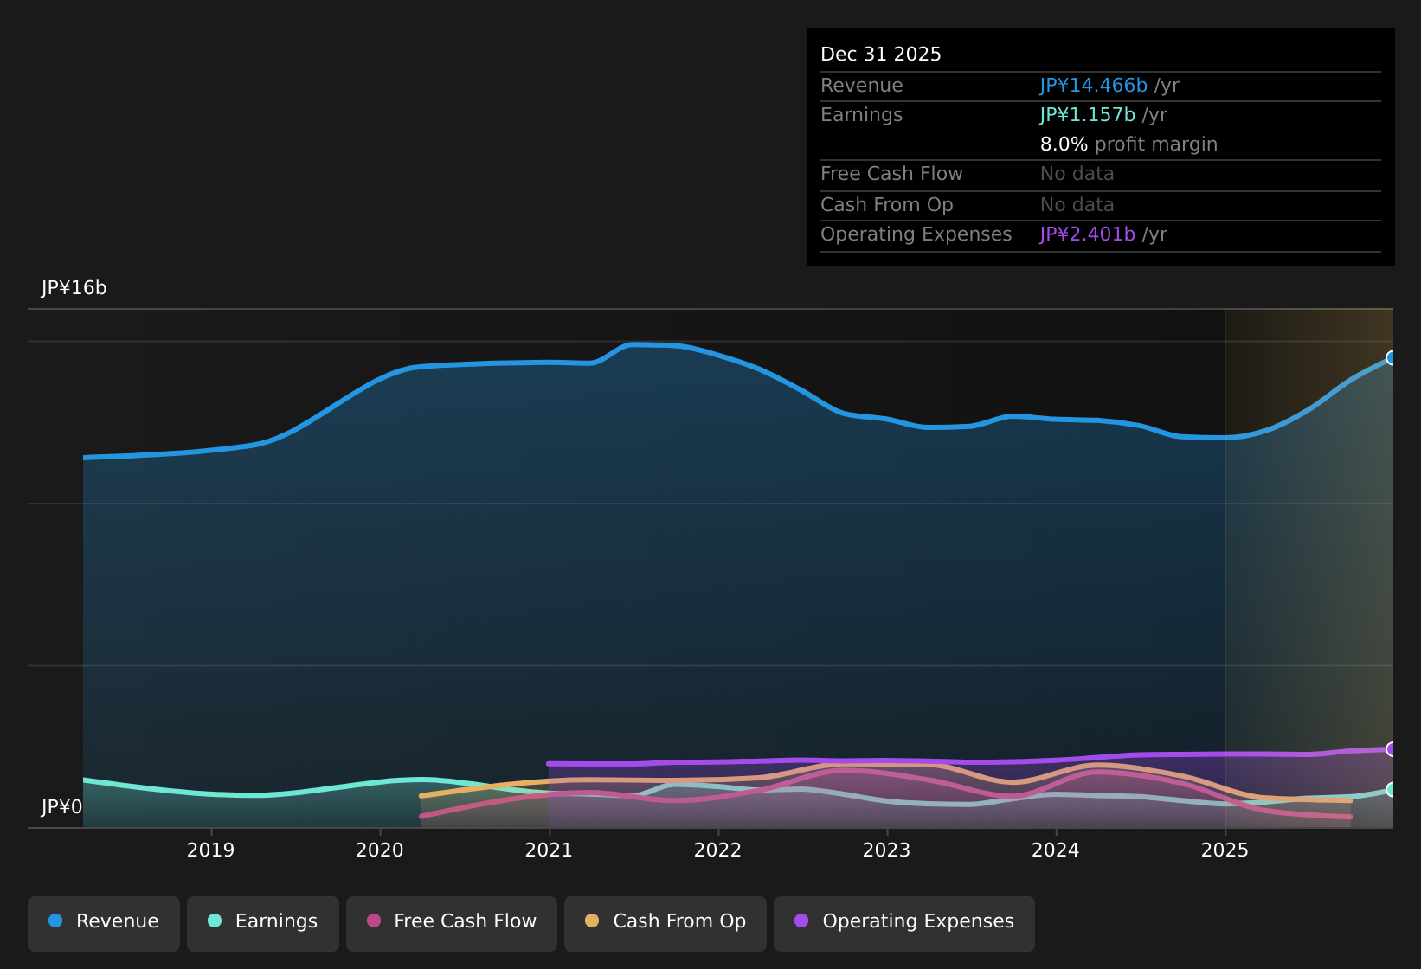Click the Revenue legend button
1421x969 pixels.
[104, 921]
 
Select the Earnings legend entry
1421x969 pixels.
[263, 921]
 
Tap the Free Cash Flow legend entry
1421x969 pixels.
[452, 921]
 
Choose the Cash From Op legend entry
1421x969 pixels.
[665, 921]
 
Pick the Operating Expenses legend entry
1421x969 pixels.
[904, 921]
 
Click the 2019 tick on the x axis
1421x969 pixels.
[211, 850]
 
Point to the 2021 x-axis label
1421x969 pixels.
[549, 850]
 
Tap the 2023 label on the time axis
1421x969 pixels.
[887, 850]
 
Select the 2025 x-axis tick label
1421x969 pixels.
[1225, 850]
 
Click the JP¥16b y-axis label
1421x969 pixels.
[74, 288]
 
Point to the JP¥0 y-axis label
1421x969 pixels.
[61, 807]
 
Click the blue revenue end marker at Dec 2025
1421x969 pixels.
[1392, 358]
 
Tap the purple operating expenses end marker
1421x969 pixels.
[1392, 749]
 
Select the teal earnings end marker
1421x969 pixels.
[1392, 789]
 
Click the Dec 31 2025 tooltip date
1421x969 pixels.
[880, 55]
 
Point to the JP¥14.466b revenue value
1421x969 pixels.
[1093, 86]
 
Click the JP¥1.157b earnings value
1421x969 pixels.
[1087, 115]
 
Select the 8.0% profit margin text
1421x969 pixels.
[1128, 144]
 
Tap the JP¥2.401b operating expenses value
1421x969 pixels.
[1087, 234]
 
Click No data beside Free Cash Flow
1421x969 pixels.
[1077, 174]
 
